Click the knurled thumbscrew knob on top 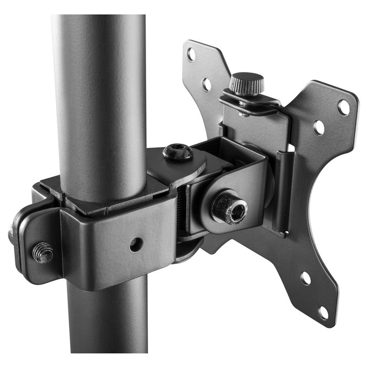tap(246, 84)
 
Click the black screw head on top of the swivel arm tap(177, 152)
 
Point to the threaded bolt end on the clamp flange tap(43, 252)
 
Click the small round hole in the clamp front tap(136, 244)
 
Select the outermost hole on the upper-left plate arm tap(191, 54)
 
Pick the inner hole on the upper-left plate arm tap(207, 84)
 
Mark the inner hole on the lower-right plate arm tap(305, 278)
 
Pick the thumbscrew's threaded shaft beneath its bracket tap(243, 113)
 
